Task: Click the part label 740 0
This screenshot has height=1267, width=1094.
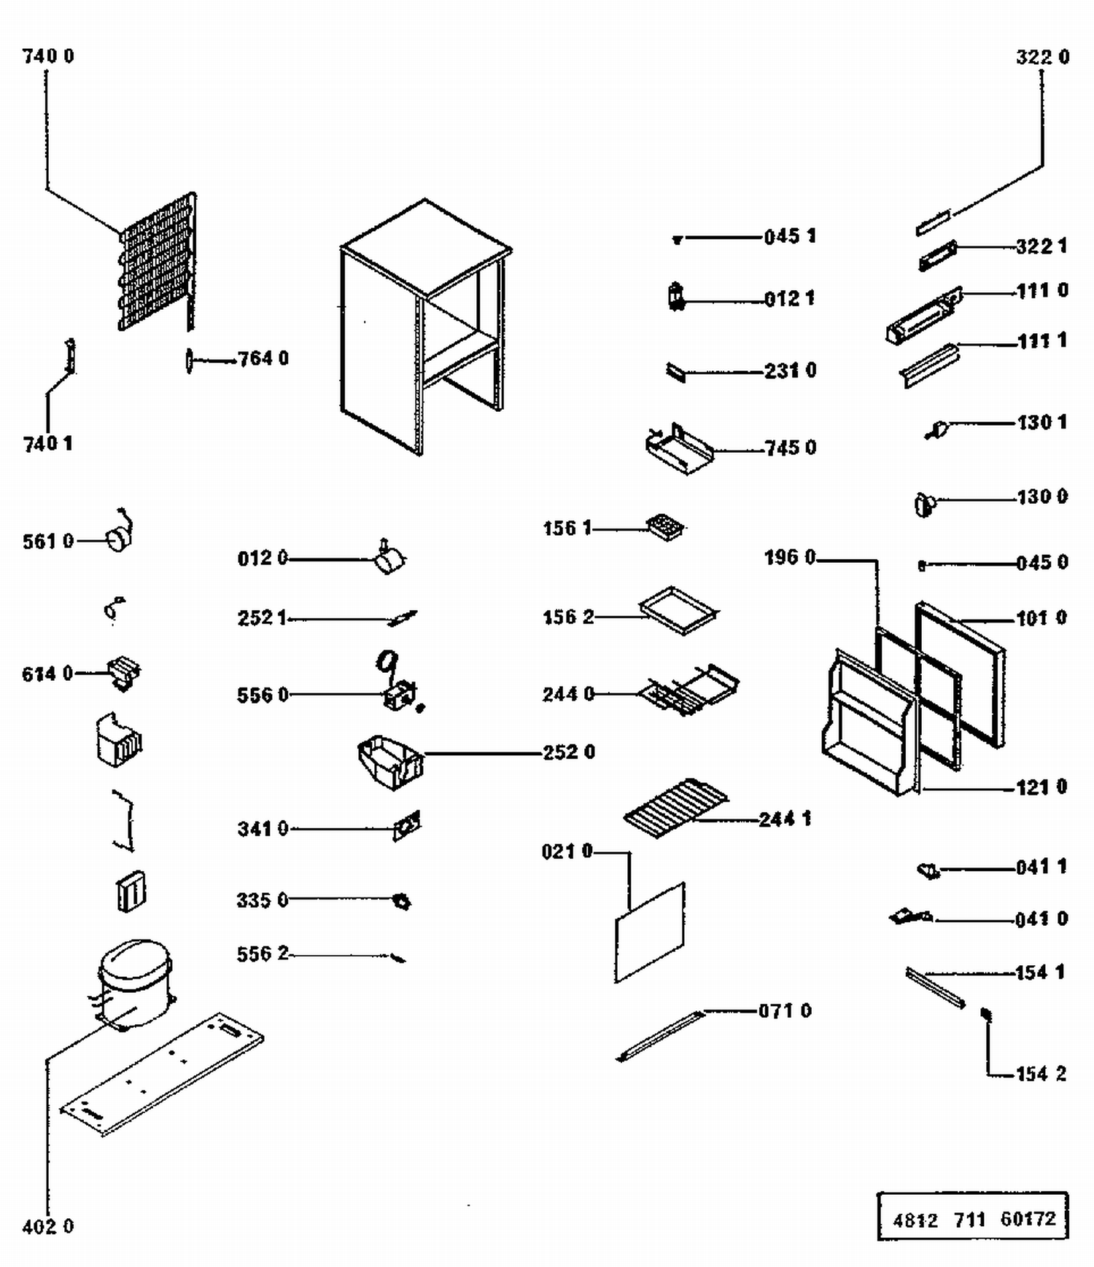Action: coord(48,56)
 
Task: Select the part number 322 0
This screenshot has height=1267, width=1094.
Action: coord(1042,57)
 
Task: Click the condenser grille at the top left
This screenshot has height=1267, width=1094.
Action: coord(156,262)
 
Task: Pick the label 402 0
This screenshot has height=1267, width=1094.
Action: coord(48,1226)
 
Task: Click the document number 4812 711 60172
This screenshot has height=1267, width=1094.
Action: coord(974,1218)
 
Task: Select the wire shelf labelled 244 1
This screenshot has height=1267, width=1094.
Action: coord(676,808)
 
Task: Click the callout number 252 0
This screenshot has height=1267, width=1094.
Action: coord(569,752)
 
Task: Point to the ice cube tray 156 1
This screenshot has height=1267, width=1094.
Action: coord(665,526)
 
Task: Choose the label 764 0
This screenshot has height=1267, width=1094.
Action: coord(263,359)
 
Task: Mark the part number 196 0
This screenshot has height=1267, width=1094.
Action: coord(790,558)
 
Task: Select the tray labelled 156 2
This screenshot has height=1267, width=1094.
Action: coord(678,609)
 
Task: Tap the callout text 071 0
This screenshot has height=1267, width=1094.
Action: coord(785,1010)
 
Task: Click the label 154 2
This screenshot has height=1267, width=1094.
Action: coord(1041,1074)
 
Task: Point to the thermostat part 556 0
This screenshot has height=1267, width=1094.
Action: coord(399,695)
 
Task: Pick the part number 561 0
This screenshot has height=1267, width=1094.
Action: coord(48,541)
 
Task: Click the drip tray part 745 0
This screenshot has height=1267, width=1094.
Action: coord(678,450)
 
